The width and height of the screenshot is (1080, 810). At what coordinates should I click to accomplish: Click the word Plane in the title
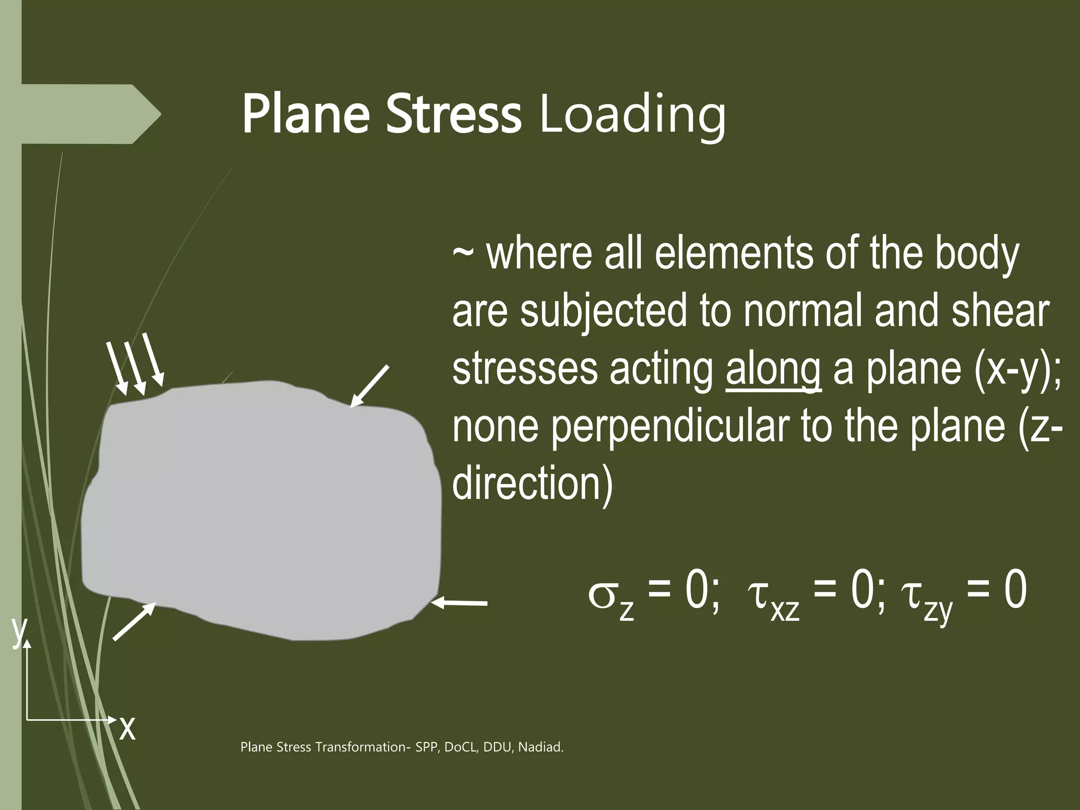305,115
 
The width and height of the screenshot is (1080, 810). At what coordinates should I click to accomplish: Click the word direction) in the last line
533,484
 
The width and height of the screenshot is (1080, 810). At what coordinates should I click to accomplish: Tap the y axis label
19,630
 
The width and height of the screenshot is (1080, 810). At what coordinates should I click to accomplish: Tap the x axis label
127,728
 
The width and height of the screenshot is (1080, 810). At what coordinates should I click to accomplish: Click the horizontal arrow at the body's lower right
459,603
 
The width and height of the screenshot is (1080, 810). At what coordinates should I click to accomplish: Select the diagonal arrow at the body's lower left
134,622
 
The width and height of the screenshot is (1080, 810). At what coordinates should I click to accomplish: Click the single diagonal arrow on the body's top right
370,387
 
